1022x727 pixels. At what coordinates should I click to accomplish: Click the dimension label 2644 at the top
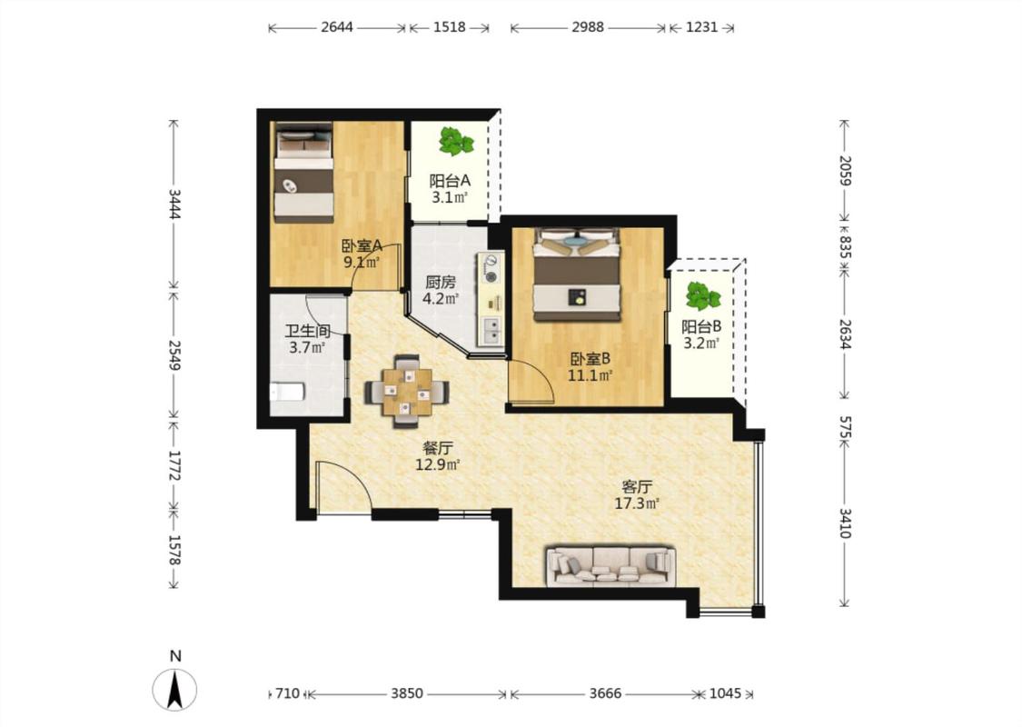[337, 27]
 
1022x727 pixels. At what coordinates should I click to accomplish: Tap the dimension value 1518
[450, 27]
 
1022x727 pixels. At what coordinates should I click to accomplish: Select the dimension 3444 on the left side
[174, 204]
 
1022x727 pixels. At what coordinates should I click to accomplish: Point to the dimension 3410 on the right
[845, 523]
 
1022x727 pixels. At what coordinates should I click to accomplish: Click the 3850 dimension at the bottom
[407, 693]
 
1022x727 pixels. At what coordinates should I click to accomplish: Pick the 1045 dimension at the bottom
[725, 693]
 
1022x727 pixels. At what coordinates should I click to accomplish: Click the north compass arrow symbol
[174, 690]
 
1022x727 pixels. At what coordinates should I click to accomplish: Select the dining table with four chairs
[407, 391]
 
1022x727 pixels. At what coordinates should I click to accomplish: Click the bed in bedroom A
[303, 173]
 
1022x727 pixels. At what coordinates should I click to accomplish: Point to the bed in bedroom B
[576, 274]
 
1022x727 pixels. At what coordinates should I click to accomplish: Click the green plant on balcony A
[456, 141]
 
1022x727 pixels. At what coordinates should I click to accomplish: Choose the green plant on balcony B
[702, 295]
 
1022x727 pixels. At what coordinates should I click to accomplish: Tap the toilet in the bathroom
[287, 392]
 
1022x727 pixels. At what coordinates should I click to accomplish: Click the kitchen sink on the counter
[491, 331]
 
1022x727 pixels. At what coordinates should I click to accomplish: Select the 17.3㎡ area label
[637, 503]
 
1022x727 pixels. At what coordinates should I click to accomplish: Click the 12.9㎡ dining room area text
[438, 465]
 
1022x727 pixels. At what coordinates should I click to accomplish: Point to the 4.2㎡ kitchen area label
[441, 299]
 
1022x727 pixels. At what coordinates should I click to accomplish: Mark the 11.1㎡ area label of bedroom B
[590, 375]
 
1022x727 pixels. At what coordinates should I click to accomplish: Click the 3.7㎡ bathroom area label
[307, 347]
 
